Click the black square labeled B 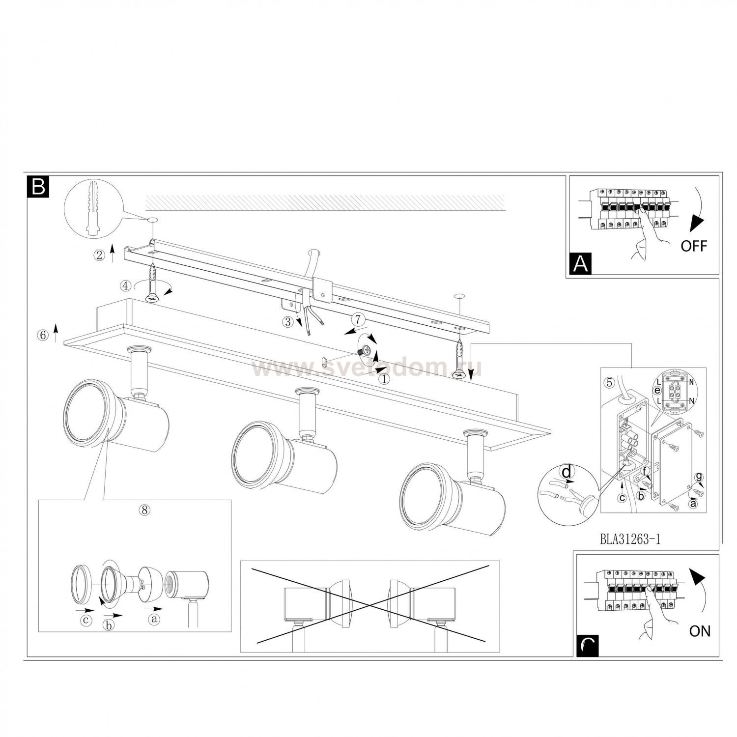38,186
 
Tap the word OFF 693,246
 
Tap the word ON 700,631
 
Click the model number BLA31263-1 630,539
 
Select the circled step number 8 144,510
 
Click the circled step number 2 100,255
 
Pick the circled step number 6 43,335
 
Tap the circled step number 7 359,320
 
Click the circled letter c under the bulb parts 86,620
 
